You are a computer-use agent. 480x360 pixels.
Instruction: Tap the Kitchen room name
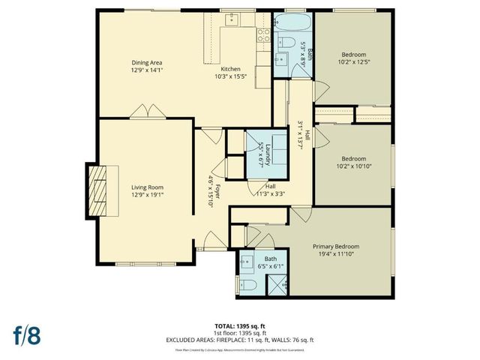[x=230, y=68]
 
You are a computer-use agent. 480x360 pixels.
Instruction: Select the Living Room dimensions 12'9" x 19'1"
[x=148, y=195]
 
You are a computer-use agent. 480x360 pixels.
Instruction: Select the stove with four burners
[x=264, y=33]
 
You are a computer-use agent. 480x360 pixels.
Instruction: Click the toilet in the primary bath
[x=247, y=285]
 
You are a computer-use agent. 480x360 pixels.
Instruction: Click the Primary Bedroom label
[x=336, y=247]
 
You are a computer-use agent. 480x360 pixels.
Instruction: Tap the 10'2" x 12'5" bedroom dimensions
[x=353, y=61]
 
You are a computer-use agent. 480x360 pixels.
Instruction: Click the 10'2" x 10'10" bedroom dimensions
[x=353, y=166]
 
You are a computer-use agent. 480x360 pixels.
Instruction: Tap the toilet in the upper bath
[x=286, y=42]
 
